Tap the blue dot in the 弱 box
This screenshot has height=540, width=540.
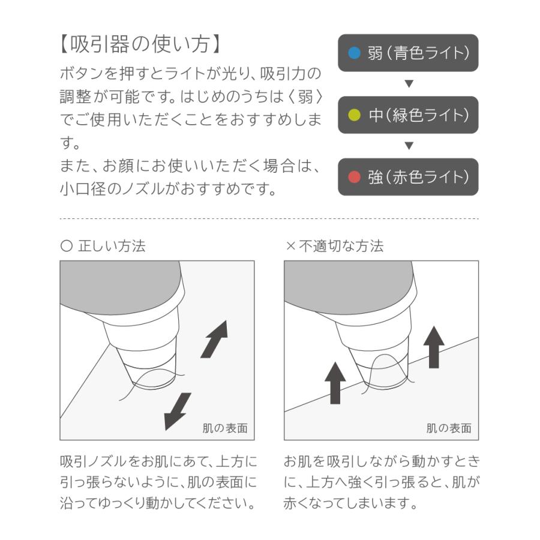355,53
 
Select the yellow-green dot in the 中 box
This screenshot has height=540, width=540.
355,115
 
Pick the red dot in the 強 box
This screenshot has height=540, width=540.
355,177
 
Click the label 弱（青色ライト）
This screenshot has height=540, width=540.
418,53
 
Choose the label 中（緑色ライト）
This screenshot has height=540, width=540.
418,115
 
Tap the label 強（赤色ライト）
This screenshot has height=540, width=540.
418,177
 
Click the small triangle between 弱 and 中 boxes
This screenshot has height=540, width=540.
409,83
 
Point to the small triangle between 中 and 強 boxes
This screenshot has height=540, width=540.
409,145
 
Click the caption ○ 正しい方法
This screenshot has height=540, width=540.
103,246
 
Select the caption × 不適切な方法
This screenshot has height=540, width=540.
334,246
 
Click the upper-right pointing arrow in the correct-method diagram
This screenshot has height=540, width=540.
214,338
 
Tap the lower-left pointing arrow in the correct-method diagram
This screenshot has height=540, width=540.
178,411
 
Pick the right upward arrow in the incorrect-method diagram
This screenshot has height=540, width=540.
433,347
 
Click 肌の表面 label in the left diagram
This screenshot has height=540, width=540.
224,428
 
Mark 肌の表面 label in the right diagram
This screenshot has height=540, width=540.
449,428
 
